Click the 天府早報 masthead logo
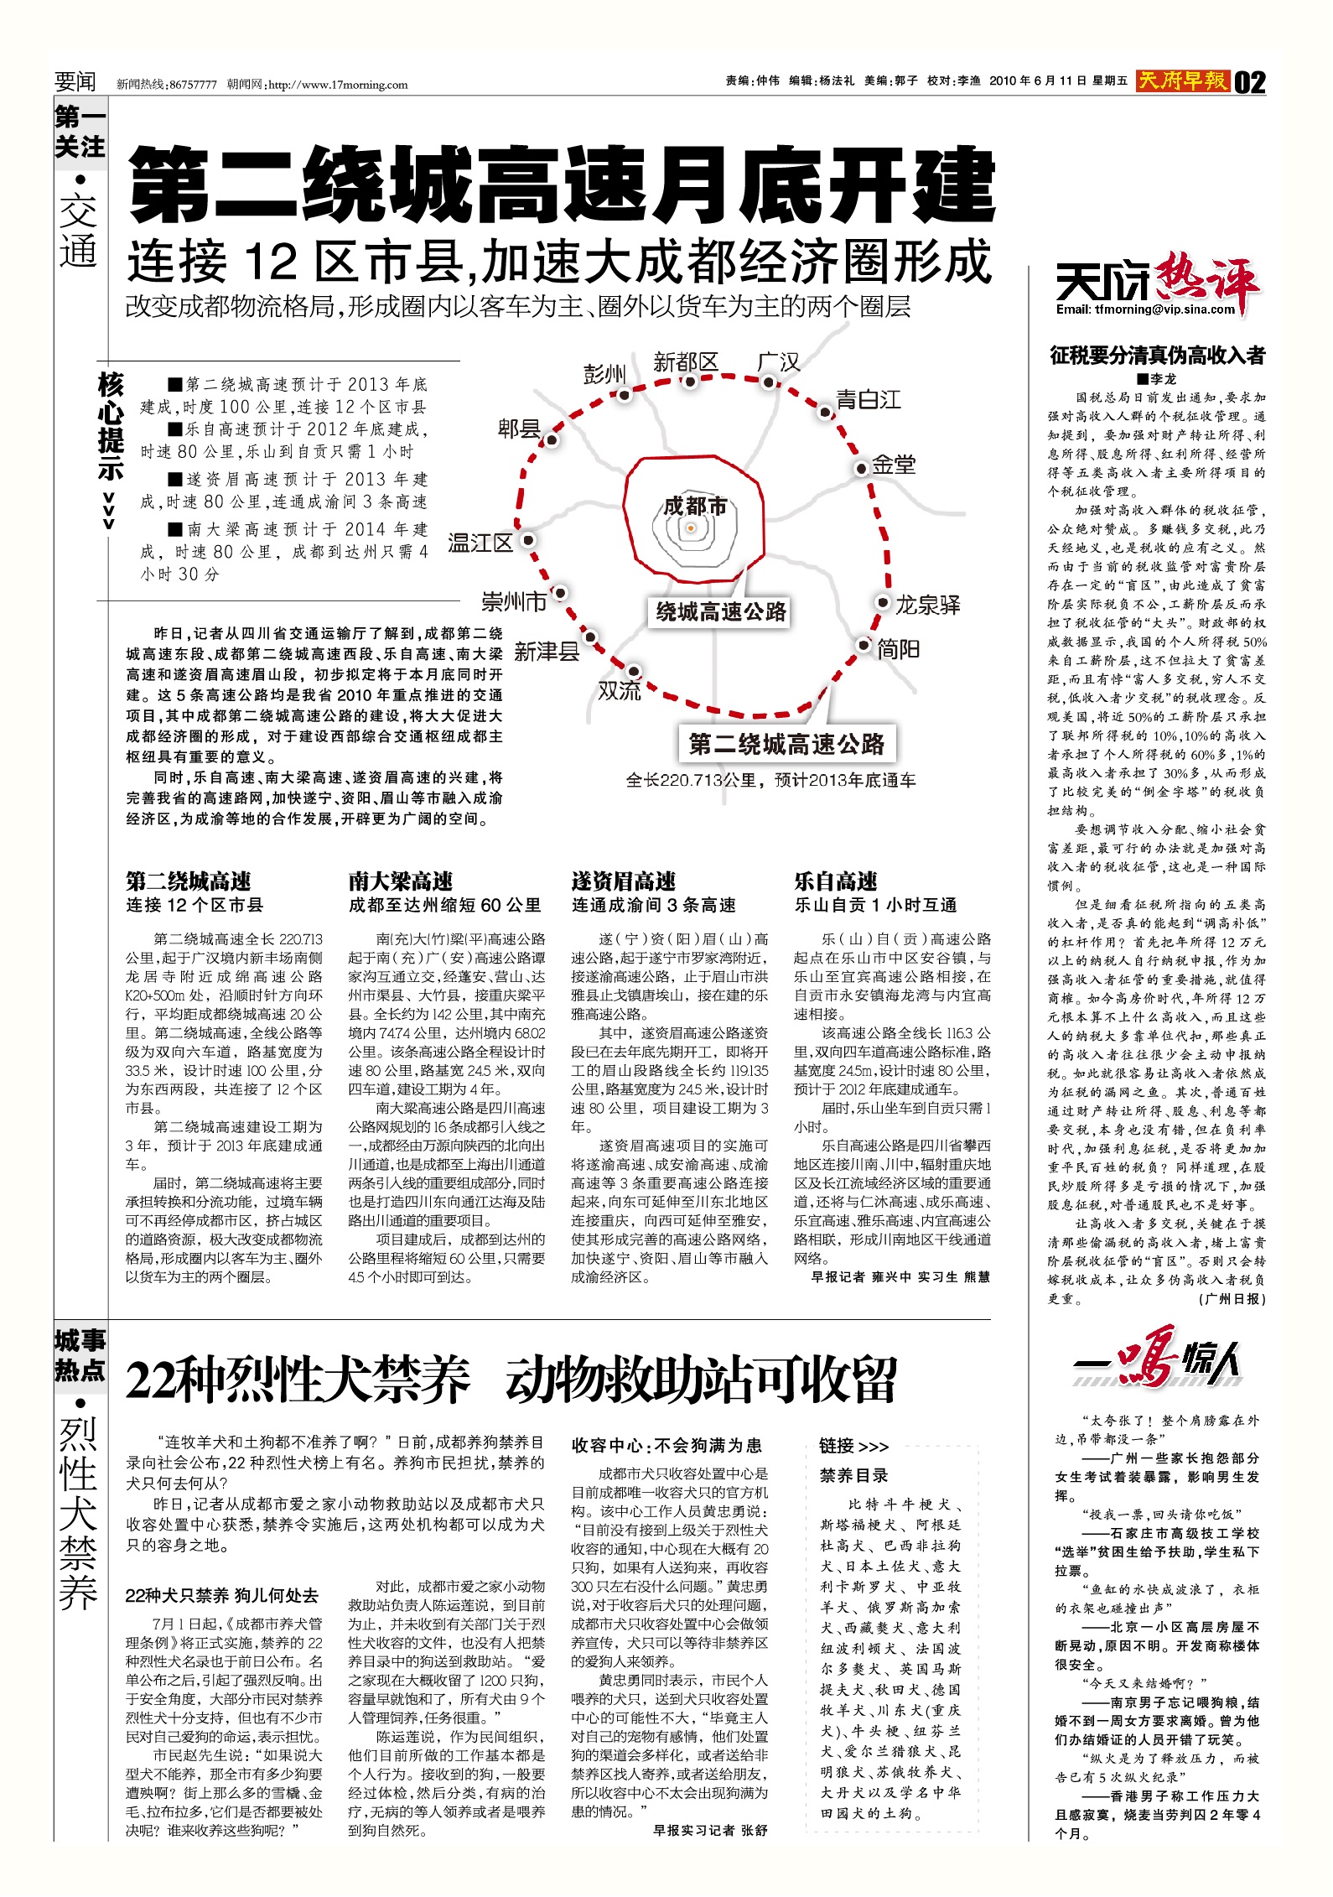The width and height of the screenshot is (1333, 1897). pyautogui.click(x=1183, y=81)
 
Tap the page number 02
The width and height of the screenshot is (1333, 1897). pyautogui.click(x=1250, y=82)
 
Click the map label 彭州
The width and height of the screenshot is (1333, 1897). pyautogui.click(x=604, y=373)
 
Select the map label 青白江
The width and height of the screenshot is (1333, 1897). pyautogui.click(x=869, y=399)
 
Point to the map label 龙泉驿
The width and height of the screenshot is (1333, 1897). pyautogui.click(x=927, y=605)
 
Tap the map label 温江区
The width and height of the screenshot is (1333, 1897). pyautogui.click(x=480, y=543)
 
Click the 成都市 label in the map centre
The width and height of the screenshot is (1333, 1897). pyautogui.click(x=694, y=506)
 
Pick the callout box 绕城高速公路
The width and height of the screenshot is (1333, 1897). pyautogui.click(x=721, y=611)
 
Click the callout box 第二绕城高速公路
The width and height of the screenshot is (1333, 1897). pyautogui.click(x=786, y=744)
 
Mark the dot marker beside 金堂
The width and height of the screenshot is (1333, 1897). pyautogui.click(x=860, y=468)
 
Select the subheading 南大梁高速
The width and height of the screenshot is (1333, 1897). pyautogui.click(x=401, y=881)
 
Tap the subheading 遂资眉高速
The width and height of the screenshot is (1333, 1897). pyautogui.click(x=623, y=881)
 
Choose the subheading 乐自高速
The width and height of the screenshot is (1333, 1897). pyautogui.click(x=836, y=881)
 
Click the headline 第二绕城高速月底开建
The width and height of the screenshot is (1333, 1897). pyautogui.click(x=562, y=185)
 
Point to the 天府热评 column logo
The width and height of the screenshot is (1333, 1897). pyautogui.click(x=1157, y=285)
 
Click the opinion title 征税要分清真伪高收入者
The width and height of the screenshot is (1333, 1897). pyautogui.click(x=1157, y=356)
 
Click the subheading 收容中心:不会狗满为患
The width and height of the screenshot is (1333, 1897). pyautogui.click(x=666, y=1445)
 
